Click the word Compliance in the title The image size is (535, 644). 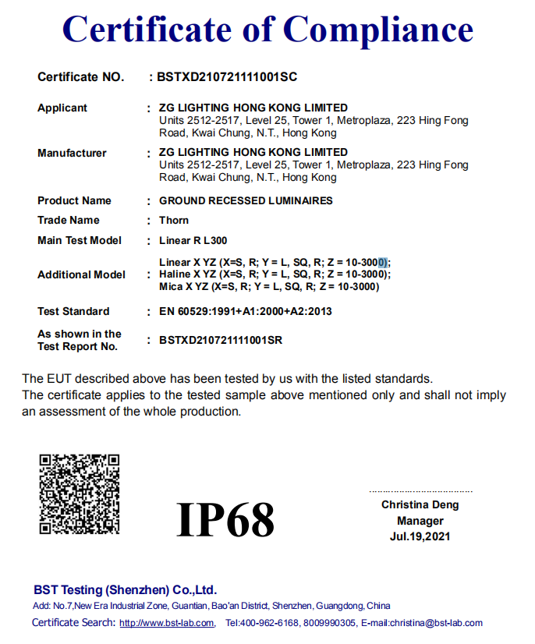(x=378, y=30)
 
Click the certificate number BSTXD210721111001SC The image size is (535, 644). (x=227, y=77)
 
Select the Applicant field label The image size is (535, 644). (x=62, y=108)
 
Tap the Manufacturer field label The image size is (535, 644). (x=72, y=153)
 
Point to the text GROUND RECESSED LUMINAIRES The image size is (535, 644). (x=246, y=200)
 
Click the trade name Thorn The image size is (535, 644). (x=174, y=220)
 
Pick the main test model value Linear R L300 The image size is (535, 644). (x=193, y=240)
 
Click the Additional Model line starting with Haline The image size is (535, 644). (x=275, y=274)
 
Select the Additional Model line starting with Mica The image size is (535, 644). (x=269, y=286)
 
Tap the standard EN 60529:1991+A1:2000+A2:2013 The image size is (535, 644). (x=246, y=311)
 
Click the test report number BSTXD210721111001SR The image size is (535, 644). (x=221, y=340)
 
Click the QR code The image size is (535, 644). (x=80, y=494)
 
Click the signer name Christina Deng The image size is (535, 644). (x=420, y=504)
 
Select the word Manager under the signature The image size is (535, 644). (x=420, y=521)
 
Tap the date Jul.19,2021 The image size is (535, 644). (x=420, y=536)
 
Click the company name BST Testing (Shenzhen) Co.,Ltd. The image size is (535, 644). (x=126, y=589)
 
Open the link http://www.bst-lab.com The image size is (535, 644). (x=167, y=623)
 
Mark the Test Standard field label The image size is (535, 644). (x=73, y=311)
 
